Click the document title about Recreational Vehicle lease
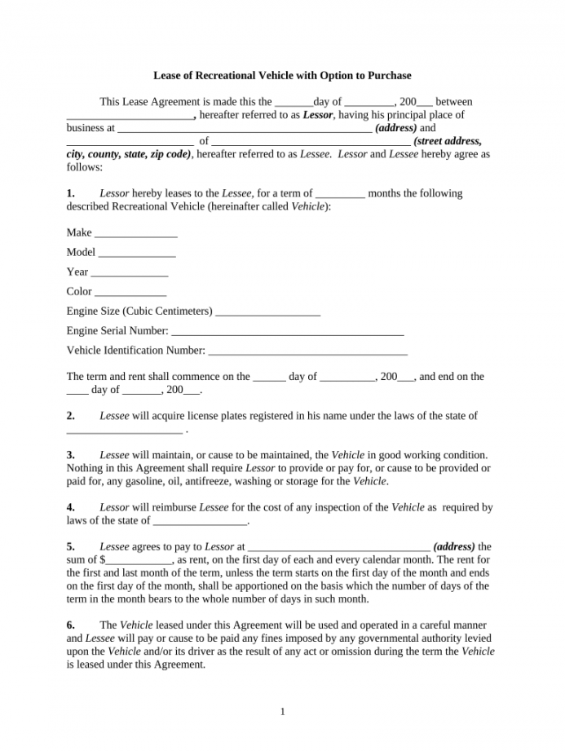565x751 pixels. pyautogui.click(x=282, y=76)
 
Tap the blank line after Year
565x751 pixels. pyautogui.click(x=130, y=273)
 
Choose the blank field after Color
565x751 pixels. pyautogui.click(x=130, y=293)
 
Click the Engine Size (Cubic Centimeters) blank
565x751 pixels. pyautogui.click(x=268, y=312)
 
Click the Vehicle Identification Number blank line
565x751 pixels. pyautogui.click(x=308, y=351)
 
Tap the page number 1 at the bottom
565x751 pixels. pyautogui.click(x=282, y=712)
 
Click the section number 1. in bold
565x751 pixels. pyautogui.click(x=71, y=193)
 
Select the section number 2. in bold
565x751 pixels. pyautogui.click(x=71, y=416)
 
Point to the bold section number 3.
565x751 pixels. pyautogui.click(x=71, y=455)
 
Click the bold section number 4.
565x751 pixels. pyautogui.click(x=71, y=507)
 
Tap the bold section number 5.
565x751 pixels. pyautogui.click(x=71, y=546)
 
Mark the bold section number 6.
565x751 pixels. pyautogui.click(x=71, y=625)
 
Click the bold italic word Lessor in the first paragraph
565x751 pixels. pyautogui.click(x=317, y=115)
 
